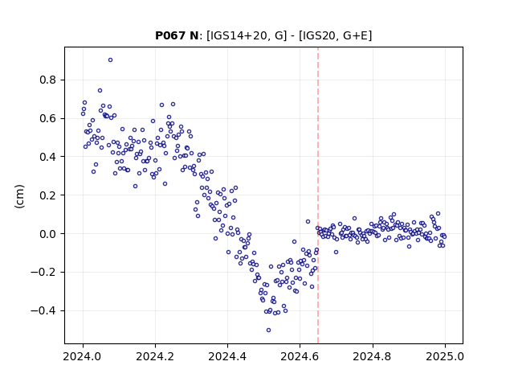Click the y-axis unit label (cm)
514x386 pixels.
(x=19, y=196)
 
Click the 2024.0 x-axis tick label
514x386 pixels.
(x=83, y=356)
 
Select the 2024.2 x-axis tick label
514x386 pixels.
(x=155, y=356)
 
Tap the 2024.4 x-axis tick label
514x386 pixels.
(x=227, y=356)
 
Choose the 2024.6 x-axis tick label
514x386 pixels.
(x=300, y=356)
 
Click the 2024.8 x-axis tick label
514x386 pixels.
(x=372, y=356)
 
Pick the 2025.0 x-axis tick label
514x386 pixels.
(x=445, y=356)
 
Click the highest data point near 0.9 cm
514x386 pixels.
(x=111, y=60)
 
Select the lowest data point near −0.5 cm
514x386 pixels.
(x=268, y=331)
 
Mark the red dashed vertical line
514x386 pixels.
(x=318, y=195)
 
